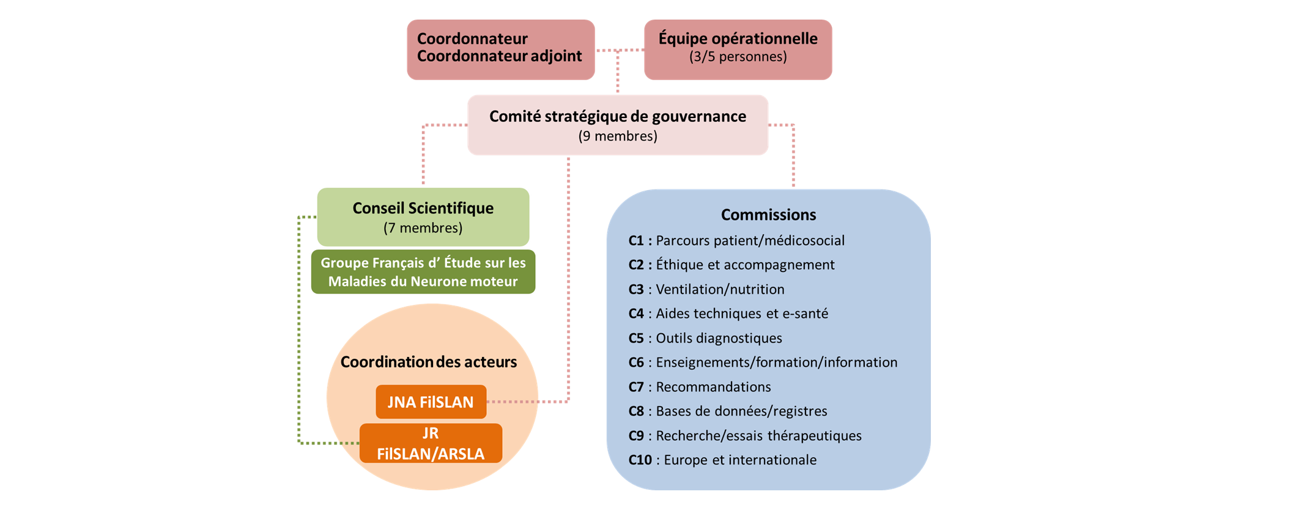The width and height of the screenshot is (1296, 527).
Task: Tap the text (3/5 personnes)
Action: coord(738,57)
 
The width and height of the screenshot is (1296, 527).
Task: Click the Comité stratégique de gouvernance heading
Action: coord(617,116)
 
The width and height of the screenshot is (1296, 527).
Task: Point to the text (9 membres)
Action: coord(617,136)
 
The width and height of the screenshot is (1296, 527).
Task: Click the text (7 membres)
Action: coord(423,228)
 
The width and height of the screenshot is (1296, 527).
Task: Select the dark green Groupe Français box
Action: coord(423,272)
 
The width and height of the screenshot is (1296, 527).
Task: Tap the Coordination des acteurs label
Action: coord(428,362)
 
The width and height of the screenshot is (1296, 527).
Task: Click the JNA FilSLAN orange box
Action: coord(431,402)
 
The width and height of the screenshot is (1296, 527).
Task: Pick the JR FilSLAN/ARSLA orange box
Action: coord(431,443)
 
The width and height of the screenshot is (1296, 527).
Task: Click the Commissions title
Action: coord(768,215)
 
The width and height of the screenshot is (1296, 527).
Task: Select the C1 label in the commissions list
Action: coord(636,241)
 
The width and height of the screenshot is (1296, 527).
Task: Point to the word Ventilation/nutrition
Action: coord(720,289)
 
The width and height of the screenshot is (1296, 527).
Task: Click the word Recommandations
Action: coord(713,387)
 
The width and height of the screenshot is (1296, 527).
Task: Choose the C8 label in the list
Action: coord(636,411)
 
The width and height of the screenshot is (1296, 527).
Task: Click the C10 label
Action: coord(640,460)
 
